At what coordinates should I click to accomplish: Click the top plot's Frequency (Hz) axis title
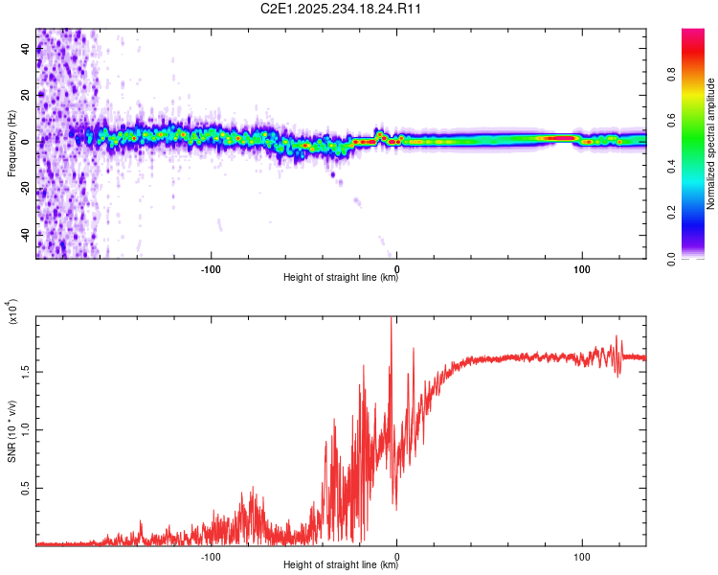click(x=12, y=144)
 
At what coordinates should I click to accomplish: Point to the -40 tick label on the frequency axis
click(x=24, y=234)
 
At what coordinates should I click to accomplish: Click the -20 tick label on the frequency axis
click(x=24, y=188)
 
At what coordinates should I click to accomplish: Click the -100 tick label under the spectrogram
click(x=212, y=268)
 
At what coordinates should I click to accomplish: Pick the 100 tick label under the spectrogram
click(x=581, y=268)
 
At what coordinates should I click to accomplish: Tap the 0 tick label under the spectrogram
click(x=396, y=268)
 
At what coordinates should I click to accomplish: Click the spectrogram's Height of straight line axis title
click(x=341, y=279)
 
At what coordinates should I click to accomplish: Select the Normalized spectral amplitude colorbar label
click(x=710, y=144)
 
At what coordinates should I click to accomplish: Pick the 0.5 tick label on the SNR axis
click(x=26, y=487)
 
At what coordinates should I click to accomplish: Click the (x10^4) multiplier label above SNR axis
click(x=12, y=311)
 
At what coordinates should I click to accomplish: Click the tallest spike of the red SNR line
click(x=391, y=320)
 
